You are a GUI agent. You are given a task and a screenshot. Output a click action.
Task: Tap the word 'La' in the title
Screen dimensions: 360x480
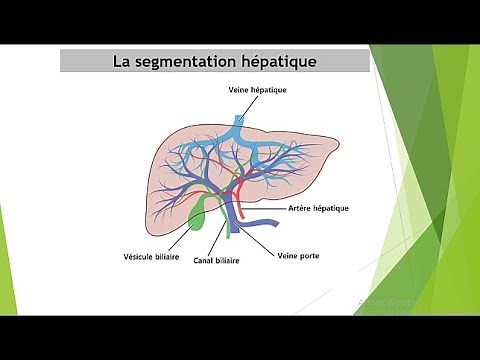click(x=124, y=62)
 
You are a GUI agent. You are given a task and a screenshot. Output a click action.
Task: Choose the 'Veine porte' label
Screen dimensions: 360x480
click(x=297, y=255)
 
